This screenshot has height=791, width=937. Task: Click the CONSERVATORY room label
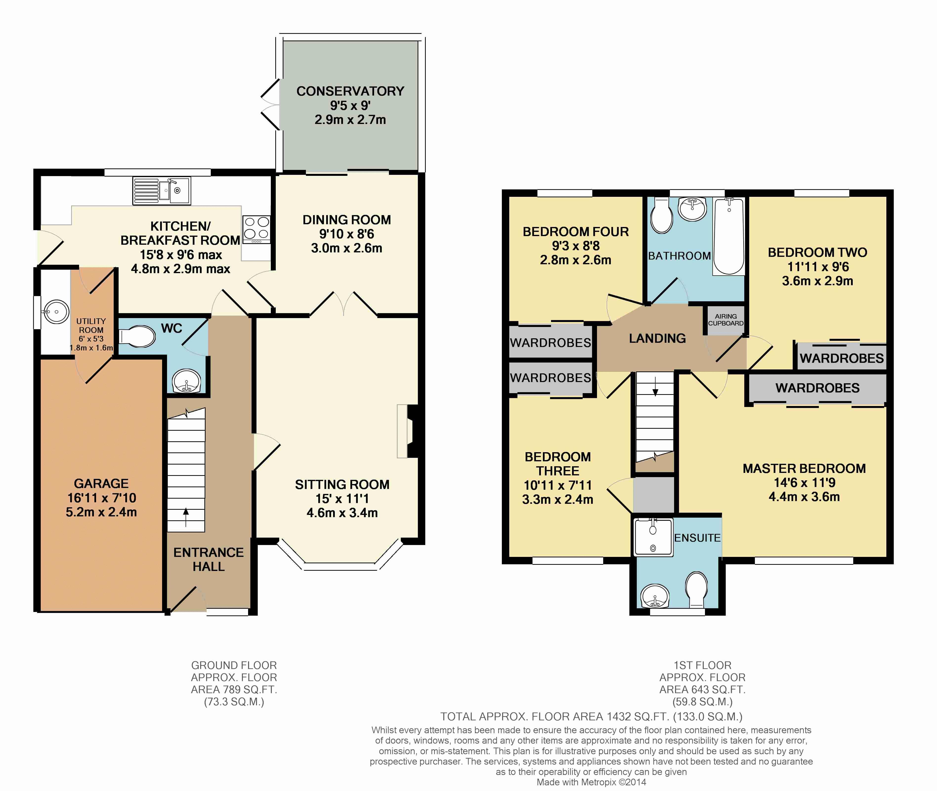click(350, 91)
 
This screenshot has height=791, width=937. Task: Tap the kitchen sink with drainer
click(162, 191)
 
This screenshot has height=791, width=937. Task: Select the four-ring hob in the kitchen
click(257, 230)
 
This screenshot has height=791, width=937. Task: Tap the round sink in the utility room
click(56, 312)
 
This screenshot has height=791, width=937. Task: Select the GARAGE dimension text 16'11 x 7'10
click(101, 498)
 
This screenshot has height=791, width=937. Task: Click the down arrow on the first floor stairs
click(656, 386)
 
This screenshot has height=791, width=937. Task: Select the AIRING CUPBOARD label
click(726, 320)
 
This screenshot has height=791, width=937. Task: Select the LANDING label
click(658, 339)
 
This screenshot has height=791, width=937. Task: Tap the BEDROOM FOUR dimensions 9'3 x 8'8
click(576, 246)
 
